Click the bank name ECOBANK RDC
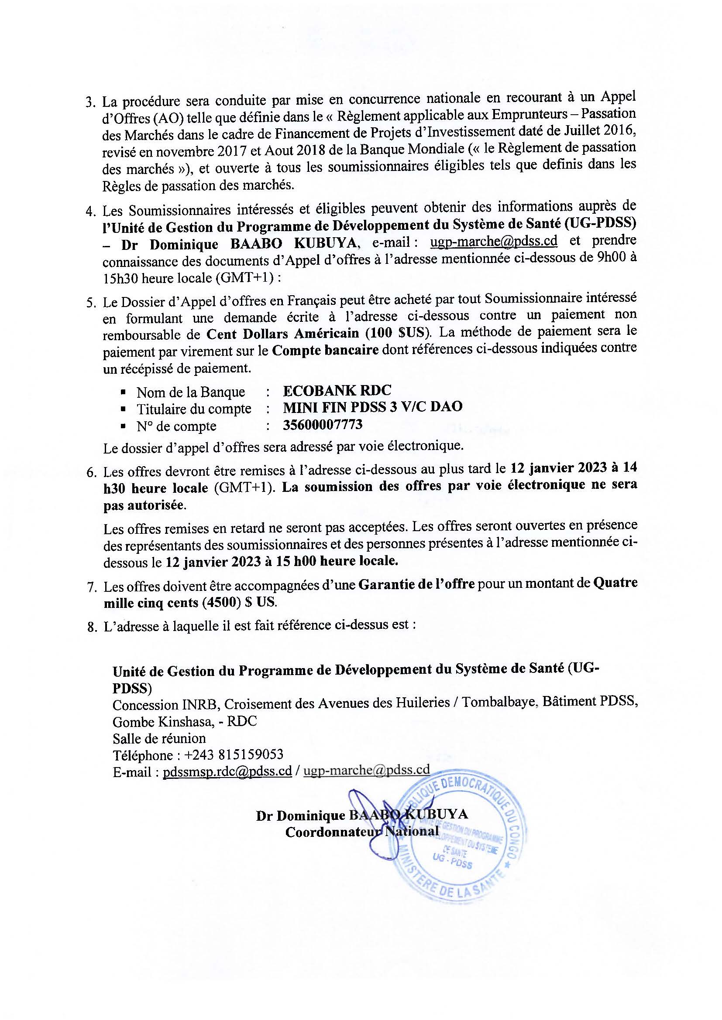[337, 390]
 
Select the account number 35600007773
[323, 425]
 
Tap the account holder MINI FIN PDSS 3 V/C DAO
[372, 407]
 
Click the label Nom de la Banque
[191, 392]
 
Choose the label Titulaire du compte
[194, 409]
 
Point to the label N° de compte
[176, 426]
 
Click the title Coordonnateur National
[362, 832]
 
